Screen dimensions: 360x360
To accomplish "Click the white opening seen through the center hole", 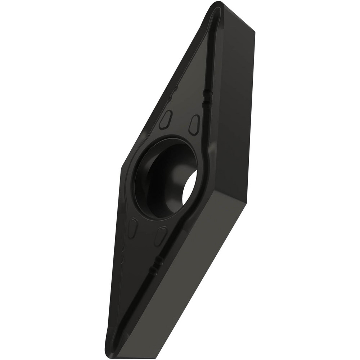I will click(190, 187).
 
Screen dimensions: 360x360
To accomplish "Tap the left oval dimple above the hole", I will click(166, 120).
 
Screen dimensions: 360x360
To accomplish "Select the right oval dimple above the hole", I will click(194, 125).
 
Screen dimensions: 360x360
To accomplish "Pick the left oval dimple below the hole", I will click(133, 228).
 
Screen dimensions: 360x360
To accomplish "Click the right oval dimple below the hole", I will click(161, 236).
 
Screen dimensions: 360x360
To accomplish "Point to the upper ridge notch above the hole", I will click(208, 93).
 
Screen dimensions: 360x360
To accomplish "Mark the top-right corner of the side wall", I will click(255, 32).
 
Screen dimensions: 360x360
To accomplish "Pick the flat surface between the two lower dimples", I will click(146, 232).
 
